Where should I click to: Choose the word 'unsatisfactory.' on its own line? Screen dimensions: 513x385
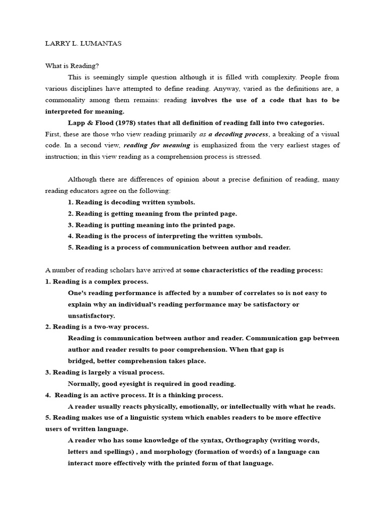point(91,316)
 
